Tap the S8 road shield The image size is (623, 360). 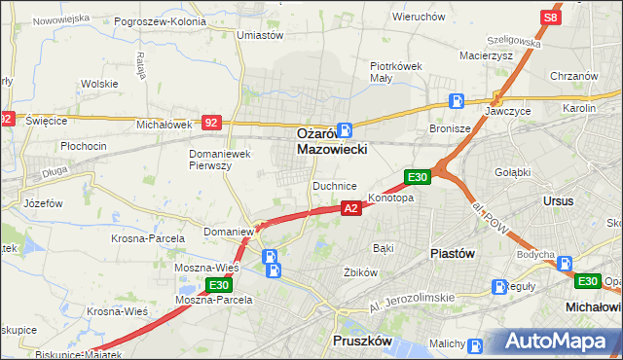pyautogui.click(x=552, y=18)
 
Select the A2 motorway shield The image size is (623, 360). pyautogui.click(x=351, y=208)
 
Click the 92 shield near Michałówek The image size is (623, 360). pyautogui.click(x=211, y=123)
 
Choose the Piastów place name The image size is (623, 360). pyautogui.click(x=452, y=253)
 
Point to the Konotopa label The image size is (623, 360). pyautogui.click(x=390, y=198)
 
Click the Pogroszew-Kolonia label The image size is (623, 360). pyautogui.click(x=160, y=20)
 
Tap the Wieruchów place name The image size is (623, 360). pyautogui.click(x=419, y=17)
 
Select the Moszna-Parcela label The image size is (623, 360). pyautogui.click(x=213, y=300)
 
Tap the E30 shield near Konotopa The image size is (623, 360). pyautogui.click(x=418, y=176)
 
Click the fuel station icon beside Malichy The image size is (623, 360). pyautogui.click(x=474, y=344)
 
